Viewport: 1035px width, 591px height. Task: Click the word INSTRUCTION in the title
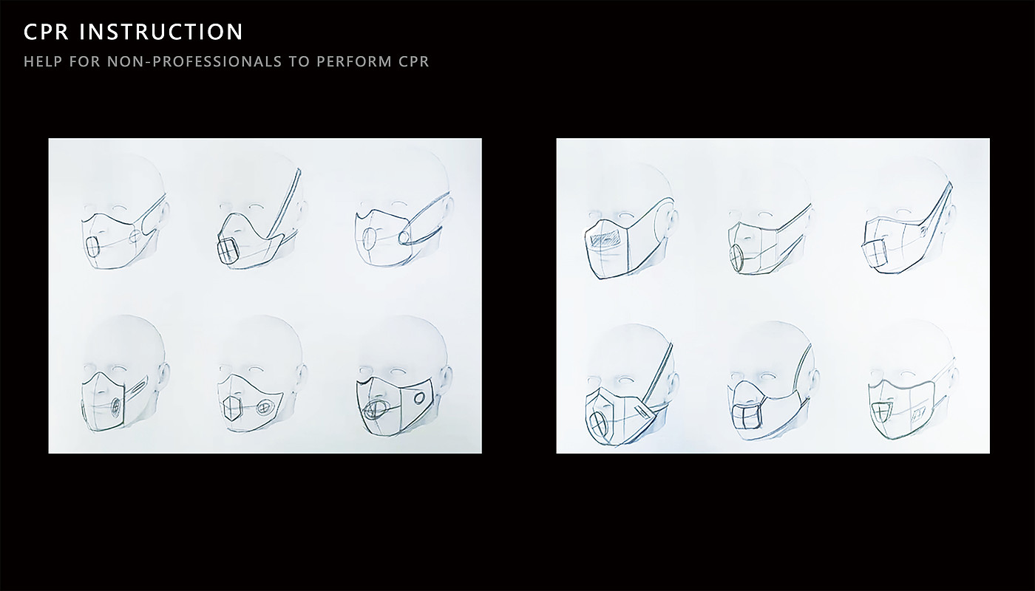pos(161,32)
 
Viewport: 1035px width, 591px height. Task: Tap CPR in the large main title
pos(46,32)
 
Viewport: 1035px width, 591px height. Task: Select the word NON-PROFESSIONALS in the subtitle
pos(194,61)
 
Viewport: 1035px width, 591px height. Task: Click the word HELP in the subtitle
pos(43,61)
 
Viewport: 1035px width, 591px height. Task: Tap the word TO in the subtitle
pos(299,61)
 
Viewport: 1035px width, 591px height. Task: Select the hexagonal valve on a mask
pos(231,408)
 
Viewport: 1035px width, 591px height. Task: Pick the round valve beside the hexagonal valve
pos(265,407)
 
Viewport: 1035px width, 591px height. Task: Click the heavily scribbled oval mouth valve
pos(376,409)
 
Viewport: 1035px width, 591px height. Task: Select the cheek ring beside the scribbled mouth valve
pos(420,397)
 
